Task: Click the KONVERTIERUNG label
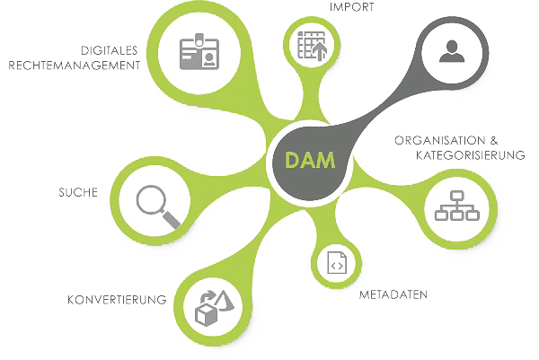115,299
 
